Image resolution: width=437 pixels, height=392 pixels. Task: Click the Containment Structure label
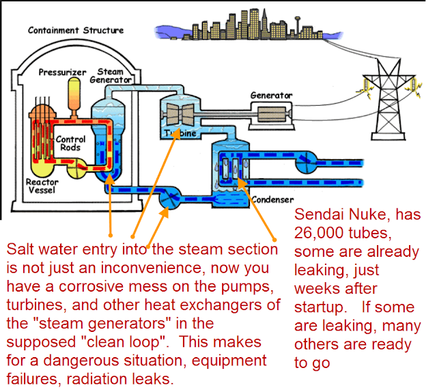[76, 30]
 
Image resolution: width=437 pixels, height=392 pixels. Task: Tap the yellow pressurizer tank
[74, 94]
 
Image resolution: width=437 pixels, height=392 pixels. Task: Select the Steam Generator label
[111, 76]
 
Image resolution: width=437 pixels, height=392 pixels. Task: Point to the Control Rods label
[70, 143]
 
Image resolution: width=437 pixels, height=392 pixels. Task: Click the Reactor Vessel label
[42, 186]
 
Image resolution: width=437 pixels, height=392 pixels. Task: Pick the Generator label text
[271, 96]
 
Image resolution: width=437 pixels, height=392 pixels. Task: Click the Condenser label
[272, 199]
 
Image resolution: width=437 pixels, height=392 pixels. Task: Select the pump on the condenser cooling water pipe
[307, 163]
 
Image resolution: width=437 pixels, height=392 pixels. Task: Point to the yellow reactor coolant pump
[76, 169]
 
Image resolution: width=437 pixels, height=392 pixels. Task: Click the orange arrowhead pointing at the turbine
[176, 133]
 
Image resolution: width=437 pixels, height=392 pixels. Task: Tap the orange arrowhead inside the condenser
[242, 182]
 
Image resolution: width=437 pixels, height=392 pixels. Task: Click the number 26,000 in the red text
[319, 233]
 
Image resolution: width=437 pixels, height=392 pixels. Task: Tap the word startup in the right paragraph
[320, 308]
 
